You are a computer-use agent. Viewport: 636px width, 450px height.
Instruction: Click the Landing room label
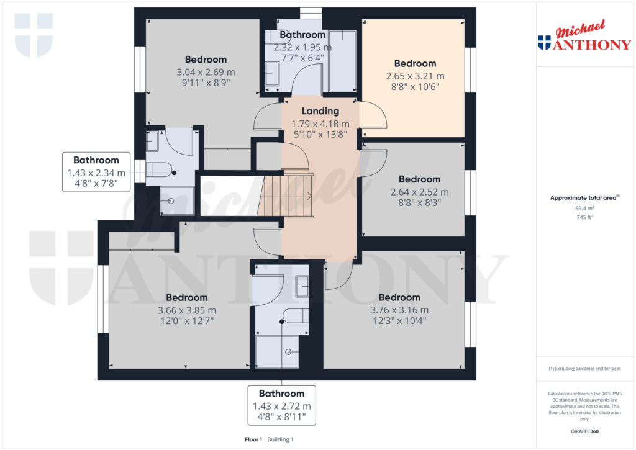320,111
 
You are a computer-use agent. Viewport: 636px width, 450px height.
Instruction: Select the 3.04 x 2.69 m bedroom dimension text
206,72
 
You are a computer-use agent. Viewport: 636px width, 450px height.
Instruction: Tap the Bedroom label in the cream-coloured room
415,63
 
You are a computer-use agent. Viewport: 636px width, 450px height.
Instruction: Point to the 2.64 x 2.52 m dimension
419,192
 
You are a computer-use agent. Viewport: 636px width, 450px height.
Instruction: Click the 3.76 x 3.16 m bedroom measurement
399,310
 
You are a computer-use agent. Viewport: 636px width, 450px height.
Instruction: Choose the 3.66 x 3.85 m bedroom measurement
187,310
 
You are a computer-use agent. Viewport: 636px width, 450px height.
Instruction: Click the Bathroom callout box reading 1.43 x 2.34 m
96,173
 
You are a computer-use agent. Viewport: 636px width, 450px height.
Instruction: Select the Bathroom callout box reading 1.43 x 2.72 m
282,406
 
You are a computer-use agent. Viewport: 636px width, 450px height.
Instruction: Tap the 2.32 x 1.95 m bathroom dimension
302,47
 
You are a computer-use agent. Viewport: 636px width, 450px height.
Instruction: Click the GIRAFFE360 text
585,431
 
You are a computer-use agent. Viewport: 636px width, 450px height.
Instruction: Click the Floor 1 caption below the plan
253,439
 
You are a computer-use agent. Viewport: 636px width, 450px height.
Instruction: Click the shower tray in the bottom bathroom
278,352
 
